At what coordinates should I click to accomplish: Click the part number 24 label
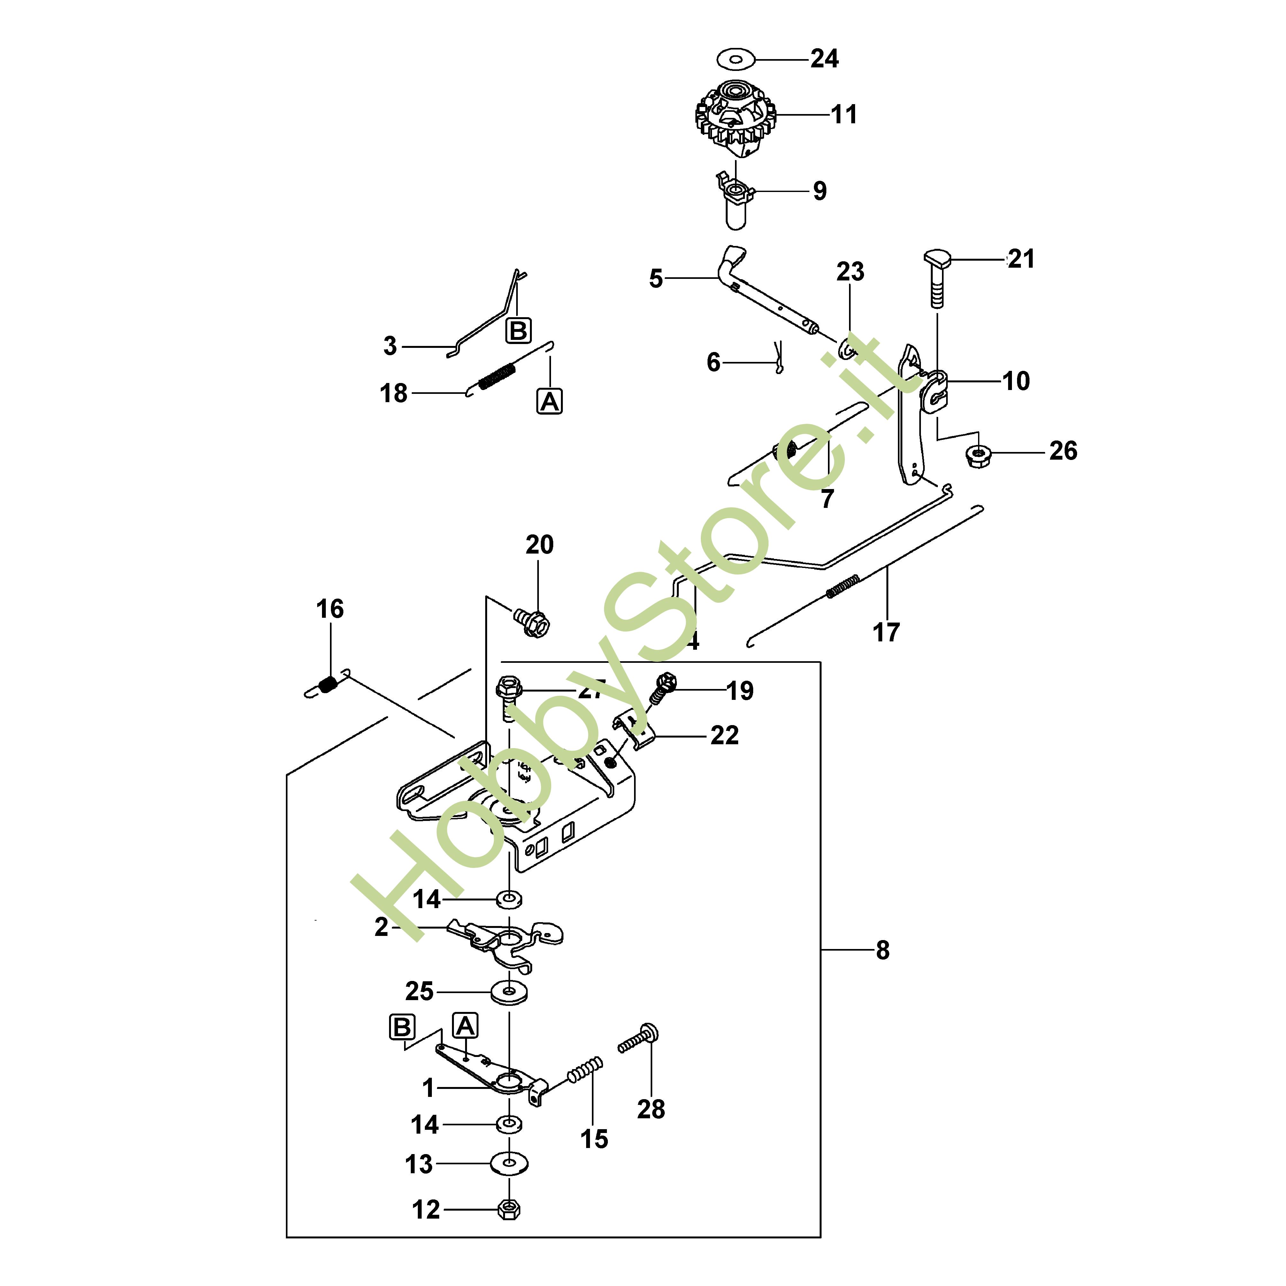point(824,59)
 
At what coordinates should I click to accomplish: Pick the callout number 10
point(1016,381)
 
